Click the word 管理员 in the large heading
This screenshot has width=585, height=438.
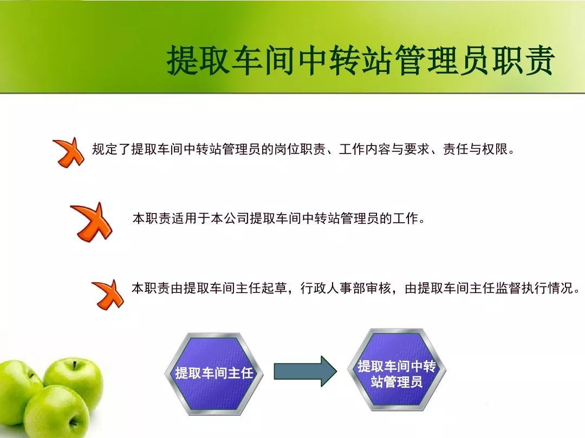point(443,59)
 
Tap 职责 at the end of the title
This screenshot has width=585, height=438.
point(523,59)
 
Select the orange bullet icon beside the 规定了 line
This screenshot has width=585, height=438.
point(69,152)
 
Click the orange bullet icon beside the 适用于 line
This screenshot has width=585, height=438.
point(92,222)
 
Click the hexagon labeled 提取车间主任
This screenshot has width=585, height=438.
point(214,374)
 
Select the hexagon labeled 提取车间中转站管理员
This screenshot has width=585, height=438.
point(396,369)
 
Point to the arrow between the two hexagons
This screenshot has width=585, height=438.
point(305,371)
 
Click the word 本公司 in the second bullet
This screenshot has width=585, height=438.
point(230,218)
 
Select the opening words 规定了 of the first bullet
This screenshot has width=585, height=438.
point(112,149)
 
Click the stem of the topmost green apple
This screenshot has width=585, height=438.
point(75,364)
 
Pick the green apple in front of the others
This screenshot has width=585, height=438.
point(57,412)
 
